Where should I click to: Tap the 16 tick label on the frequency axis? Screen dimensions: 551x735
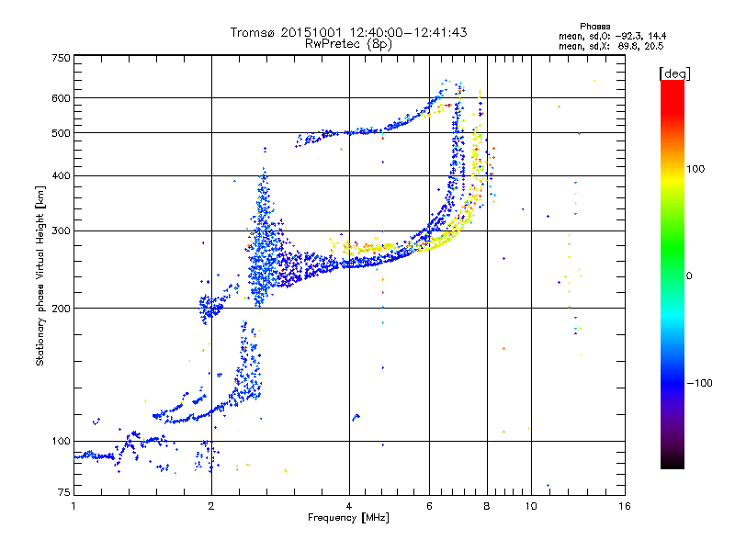point(624,506)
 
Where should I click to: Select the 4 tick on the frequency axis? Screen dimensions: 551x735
point(349,506)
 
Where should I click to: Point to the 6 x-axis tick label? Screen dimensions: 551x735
point(429,506)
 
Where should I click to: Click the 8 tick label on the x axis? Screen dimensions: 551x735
point(487,506)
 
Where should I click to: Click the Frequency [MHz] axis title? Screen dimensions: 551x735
point(348,519)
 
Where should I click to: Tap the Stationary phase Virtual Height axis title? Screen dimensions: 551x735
point(40,275)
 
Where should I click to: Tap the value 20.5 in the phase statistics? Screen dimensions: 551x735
point(653,45)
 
